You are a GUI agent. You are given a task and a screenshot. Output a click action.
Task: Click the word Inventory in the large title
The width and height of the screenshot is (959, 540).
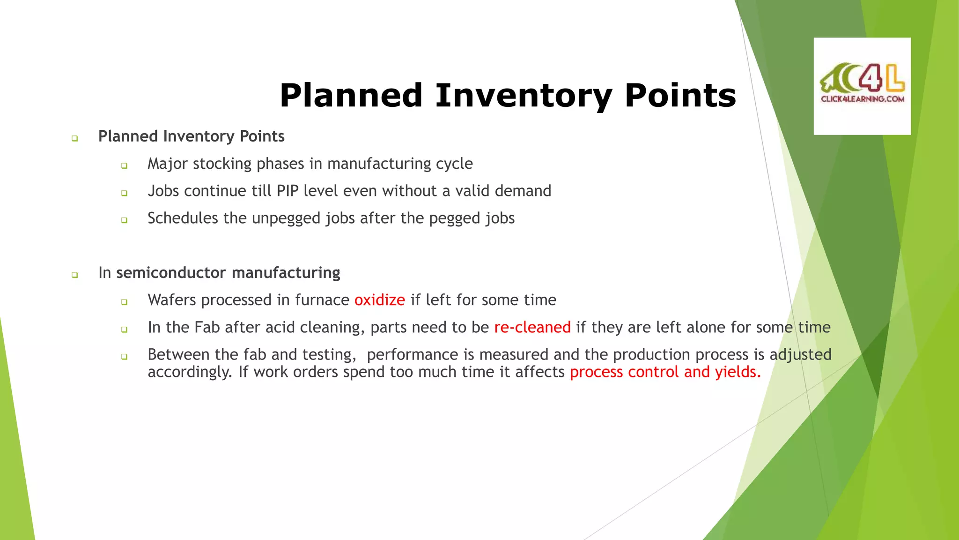pos(524,96)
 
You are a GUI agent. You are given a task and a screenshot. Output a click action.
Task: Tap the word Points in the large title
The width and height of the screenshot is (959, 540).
pos(680,96)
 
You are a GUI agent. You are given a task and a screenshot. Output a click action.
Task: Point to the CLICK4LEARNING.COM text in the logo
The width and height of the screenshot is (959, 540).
pos(862,99)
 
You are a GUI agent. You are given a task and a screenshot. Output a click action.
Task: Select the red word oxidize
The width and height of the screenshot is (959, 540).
pos(379,300)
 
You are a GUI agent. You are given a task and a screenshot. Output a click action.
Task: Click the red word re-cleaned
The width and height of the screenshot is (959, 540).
pos(532,327)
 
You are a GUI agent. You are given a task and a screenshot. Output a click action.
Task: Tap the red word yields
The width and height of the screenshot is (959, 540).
pos(738,372)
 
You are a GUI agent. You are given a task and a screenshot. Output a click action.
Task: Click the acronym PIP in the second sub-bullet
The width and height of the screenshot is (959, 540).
pos(288,191)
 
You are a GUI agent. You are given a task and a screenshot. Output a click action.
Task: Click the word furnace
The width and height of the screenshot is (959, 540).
pos(322,300)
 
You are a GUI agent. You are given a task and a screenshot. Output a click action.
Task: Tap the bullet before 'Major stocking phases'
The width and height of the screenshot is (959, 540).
pos(124,165)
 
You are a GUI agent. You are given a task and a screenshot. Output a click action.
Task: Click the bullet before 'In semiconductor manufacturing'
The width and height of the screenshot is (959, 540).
pos(74,275)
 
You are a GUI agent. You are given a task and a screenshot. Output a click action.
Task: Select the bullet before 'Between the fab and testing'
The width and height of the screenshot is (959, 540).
pos(124,357)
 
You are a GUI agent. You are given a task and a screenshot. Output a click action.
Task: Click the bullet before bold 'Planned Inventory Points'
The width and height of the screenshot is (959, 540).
pos(74,138)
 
